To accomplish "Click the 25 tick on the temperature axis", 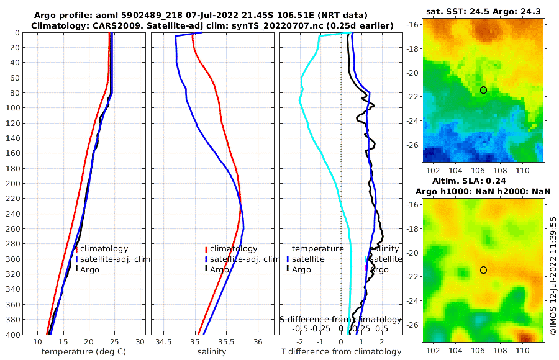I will (x=114, y=342).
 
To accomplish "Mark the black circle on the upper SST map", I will (x=483, y=90).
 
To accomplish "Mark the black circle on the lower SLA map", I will (x=483, y=270).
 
